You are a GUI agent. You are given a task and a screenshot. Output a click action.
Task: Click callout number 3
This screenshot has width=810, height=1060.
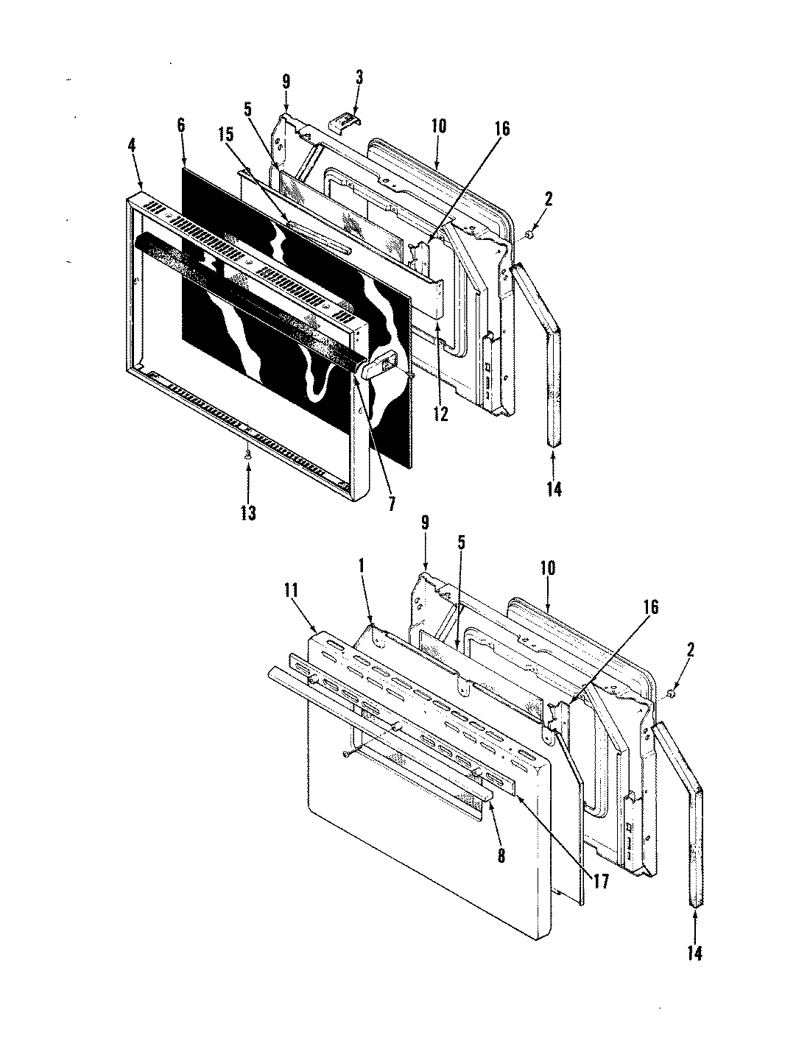pos(359,77)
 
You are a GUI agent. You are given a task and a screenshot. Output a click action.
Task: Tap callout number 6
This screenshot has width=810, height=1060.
pos(181,126)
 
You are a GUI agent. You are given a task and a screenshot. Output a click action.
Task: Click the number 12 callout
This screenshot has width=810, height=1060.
pos(440,414)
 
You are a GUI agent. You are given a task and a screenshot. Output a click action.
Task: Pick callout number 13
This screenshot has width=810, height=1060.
pos(248,513)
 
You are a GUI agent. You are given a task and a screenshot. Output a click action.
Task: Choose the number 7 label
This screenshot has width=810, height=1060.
pos(392,504)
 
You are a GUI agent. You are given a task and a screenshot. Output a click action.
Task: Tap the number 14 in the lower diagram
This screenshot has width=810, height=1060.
pos(695,953)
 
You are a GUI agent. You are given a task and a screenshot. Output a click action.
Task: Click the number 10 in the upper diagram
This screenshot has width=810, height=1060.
pos(438,126)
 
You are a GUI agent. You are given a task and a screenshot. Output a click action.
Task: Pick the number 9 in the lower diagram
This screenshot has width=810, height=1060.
pos(424,524)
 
